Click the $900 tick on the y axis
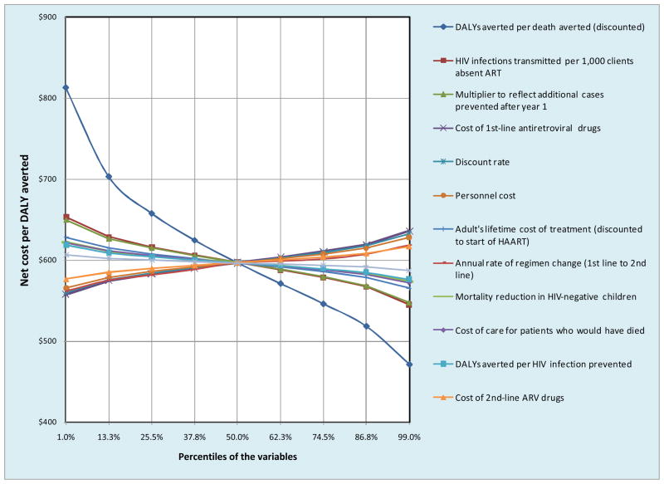pyautogui.click(x=46, y=17)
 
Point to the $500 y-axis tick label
pyautogui.click(x=46, y=341)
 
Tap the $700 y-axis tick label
pyautogui.click(x=46, y=179)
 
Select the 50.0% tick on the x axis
pyautogui.click(x=237, y=437)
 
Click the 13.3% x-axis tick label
pyautogui.click(x=109, y=437)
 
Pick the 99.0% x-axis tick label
pyautogui.click(x=409, y=437)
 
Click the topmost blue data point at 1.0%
pyautogui.click(x=66, y=87)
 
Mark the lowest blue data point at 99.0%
pyautogui.click(x=409, y=364)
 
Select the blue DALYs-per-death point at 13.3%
pyautogui.click(x=109, y=176)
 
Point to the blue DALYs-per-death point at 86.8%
pyautogui.click(x=366, y=326)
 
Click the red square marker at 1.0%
pyautogui.click(x=66, y=217)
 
